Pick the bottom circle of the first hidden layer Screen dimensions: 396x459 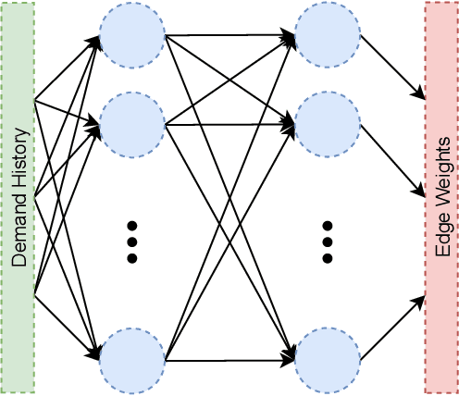pyautogui.click(x=131, y=356)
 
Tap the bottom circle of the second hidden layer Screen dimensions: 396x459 pyautogui.click(x=327, y=356)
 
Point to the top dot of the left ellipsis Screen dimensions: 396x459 pyautogui.click(x=131, y=200)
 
